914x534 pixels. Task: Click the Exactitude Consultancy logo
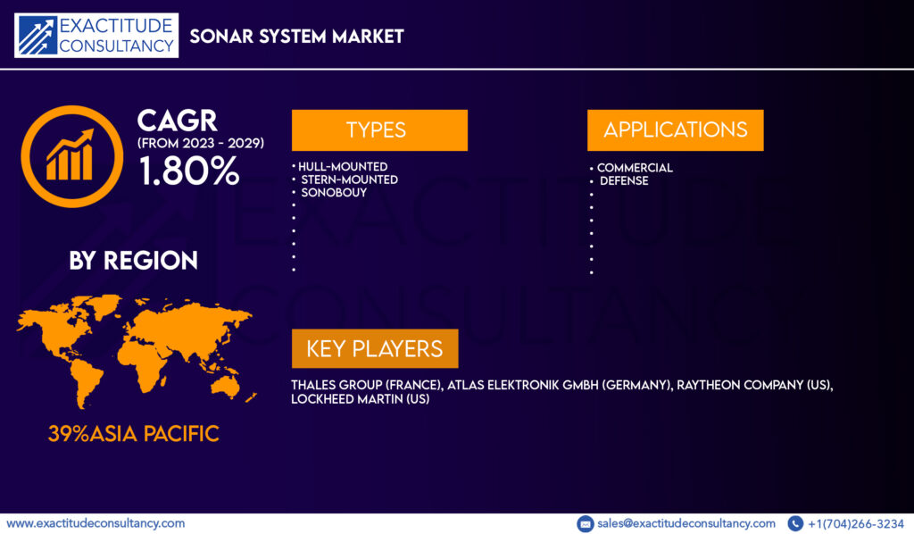[96, 36]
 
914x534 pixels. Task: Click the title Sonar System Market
[296, 36]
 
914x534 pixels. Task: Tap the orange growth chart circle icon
[71, 156]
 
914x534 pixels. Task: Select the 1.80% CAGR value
[189, 171]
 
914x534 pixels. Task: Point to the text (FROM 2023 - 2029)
[201, 143]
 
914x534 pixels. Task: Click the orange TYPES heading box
[379, 130]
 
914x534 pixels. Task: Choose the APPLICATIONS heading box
[675, 130]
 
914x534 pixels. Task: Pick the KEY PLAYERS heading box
[375, 348]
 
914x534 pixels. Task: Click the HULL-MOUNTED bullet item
[343, 167]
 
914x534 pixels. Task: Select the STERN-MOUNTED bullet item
[349, 179]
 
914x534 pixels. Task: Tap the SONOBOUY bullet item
[334, 192]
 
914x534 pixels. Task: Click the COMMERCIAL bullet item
[635, 168]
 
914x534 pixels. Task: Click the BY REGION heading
[134, 261]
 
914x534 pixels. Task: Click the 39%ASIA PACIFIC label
[134, 434]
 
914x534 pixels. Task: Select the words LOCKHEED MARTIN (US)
[361, 399]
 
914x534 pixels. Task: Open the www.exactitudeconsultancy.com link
[96, 523]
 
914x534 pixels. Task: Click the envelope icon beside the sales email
[586, 524]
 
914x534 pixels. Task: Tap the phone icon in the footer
[795, 524]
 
